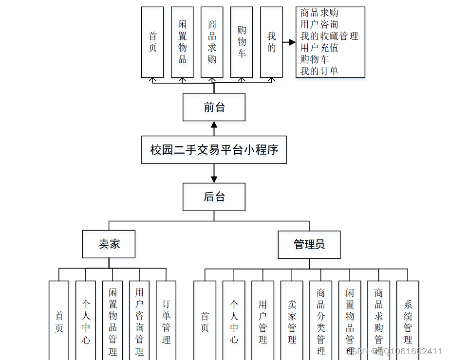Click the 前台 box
214,107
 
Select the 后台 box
214,197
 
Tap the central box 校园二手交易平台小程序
214,149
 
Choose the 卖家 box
109,244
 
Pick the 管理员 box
309,244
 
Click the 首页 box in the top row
152,42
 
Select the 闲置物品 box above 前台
182,42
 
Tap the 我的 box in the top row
271,42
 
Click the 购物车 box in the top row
242,42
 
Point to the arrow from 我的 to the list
289,42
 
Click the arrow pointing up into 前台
214,128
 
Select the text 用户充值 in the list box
319,48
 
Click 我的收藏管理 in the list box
329,36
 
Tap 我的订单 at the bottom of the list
319,71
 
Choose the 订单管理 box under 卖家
166,321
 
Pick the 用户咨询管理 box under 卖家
139,321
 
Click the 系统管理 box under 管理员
408,321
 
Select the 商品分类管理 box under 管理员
320,321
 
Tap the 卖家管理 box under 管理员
292,321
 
